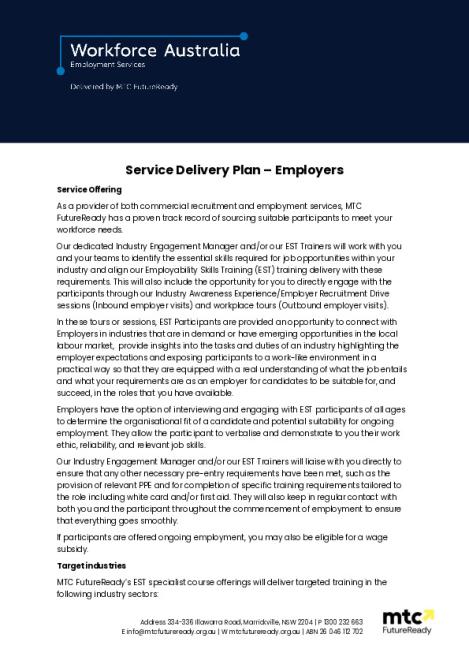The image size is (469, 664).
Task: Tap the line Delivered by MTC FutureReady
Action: tap(121, 87)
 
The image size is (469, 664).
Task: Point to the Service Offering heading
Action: tap(89, 189)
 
